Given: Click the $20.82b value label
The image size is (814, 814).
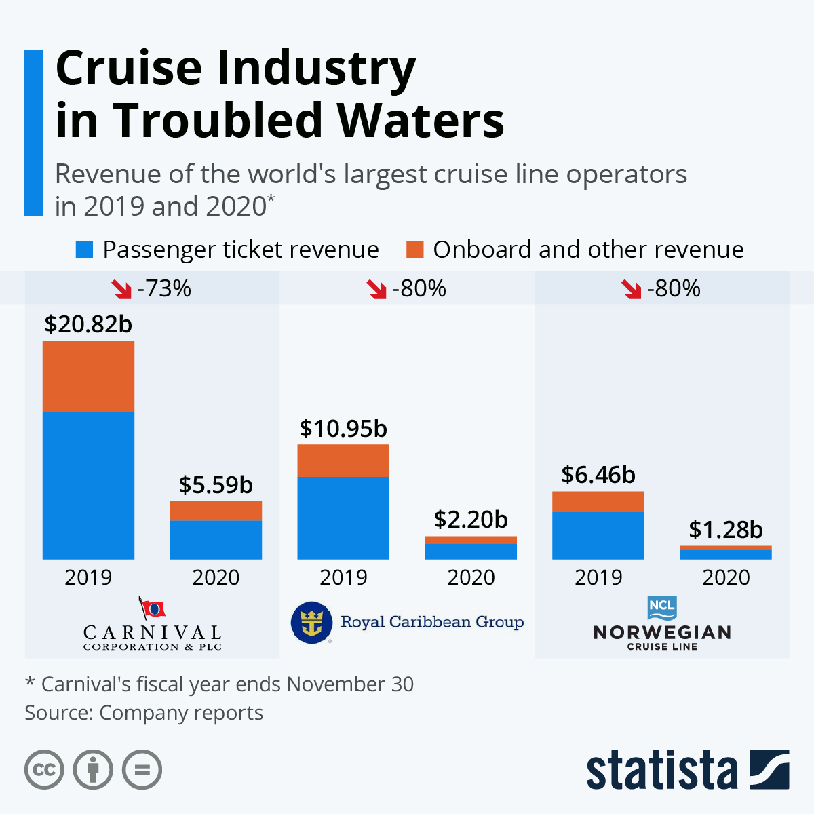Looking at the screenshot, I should tap(88, 324).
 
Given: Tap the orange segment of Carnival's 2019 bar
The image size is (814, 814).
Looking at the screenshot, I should tap(88, 376).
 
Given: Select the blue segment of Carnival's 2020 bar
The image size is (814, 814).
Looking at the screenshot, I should tap(216, 540).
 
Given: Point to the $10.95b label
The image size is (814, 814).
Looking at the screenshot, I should tap(343, 429).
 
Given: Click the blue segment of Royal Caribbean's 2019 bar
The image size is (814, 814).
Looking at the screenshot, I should tap(343, 518).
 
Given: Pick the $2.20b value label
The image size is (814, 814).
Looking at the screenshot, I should tap(471, 520).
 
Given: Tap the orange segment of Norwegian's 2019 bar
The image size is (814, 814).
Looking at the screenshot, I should tap(598, 501).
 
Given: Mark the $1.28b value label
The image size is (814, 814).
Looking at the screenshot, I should tap(726, 530).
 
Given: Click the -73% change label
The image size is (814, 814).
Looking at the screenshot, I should tap(164, 289).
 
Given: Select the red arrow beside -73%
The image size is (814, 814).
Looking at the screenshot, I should tap(122, 290).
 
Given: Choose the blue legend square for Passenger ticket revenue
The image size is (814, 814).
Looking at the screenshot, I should tap(84, 250).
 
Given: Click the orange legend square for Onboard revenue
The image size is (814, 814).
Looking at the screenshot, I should tap(414, 250).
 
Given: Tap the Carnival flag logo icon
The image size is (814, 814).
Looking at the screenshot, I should tap(153, 608).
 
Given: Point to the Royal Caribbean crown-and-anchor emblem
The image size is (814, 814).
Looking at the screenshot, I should tap(311, 622).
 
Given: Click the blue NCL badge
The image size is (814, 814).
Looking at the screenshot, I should tap(662, 608).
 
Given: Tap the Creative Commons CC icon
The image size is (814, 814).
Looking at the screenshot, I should tap(44, 770).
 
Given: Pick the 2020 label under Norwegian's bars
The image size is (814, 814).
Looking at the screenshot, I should tap(726, 577).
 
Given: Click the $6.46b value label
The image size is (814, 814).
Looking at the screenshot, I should tap(598, 475).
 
